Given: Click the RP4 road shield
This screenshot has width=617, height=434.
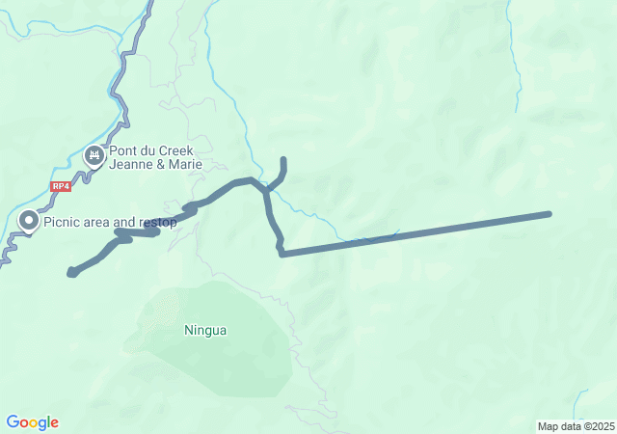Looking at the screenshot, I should pyautogui.click(x=61, y=186).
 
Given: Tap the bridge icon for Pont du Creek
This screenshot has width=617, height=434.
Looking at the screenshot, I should pyautogui.click(x=94, y=154).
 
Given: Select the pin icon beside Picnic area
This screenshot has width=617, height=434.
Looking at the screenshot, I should pyautogui.click(x=28, y=222).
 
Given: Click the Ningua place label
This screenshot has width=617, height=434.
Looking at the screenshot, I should pyautogui.click(x=205, y=330).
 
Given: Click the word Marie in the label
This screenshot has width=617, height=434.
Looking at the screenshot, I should pyautogui.click(x=186, y=164).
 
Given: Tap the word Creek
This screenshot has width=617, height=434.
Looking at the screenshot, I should pyautogui.click(x=176, y=150).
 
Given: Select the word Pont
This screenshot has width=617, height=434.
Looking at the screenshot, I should pyautogui.click(x=126, y=150).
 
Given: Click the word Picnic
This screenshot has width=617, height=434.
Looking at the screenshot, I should pyautogui.click(x=63, y=223).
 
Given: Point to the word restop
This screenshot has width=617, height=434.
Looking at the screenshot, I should pyautogui.click(x=158, y=223).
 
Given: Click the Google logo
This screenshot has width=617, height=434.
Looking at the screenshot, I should pyautogui.click(x=32, y=422).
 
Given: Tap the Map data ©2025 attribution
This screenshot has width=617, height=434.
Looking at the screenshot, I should pyautogui.click(x=576, y=426).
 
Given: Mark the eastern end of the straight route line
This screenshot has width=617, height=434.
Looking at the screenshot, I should pyautogui.click(x=550, y=213).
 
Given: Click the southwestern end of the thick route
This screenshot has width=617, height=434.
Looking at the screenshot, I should pyautogui.click(x=71, y=273).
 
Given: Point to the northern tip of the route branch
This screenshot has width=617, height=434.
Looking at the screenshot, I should pyautogui.click(x=283, y=159).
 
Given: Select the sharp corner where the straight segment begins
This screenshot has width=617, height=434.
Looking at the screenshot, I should pyautogui.click(x=281, y=254).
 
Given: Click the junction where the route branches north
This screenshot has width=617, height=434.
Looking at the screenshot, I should pyautogui.click(x=266, y=189).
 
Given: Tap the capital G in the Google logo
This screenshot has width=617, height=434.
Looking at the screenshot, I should pyautogui.click(x=13, y=422).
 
